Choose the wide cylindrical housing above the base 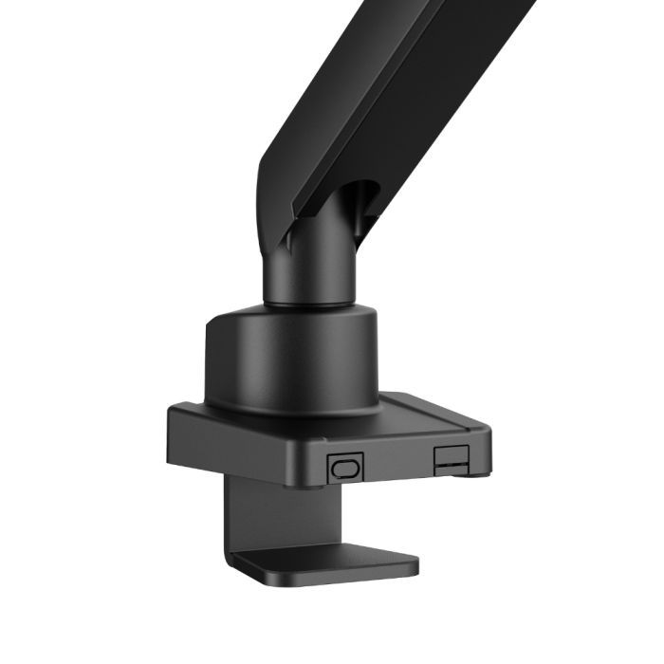point(285,360)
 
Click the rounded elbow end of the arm point(270,190)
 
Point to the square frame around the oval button point(333,467)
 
